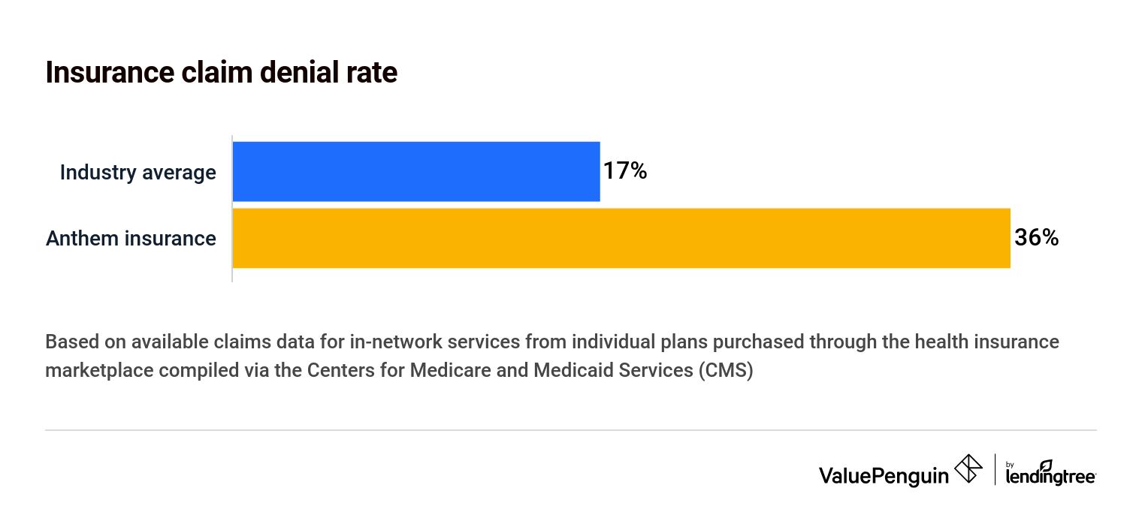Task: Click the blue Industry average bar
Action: point(415,172)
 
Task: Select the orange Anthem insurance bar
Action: point(621,238)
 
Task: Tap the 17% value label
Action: point(624,172)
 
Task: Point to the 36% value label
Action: point(1036,238)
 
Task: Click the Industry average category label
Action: point(137,173)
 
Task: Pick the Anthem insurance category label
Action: point(131,239)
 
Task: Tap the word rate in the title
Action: point(370,73)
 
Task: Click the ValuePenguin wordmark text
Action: point(884,474)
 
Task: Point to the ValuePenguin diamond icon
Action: point(968,469)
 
